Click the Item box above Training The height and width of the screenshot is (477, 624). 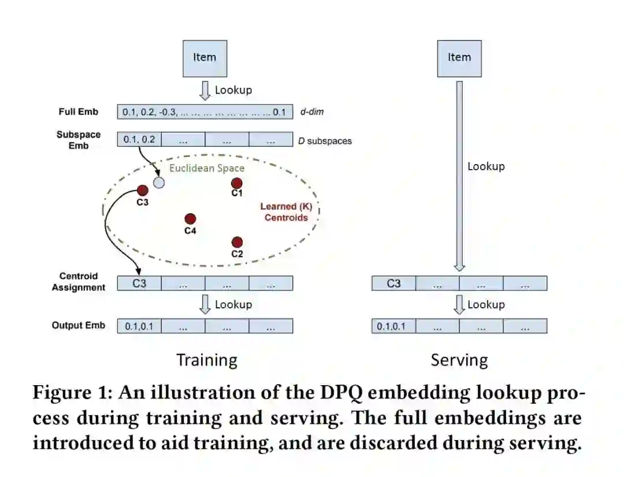(x=205, y=58)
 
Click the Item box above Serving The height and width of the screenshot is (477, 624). (x=459, y=58)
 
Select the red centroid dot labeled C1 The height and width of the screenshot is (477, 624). (x=237, y=183)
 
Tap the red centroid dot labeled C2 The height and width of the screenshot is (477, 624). (x=237, y=242)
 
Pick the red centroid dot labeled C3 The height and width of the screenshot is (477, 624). (x=143, y=191)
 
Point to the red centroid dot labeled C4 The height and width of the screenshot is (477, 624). (x=190, y=219)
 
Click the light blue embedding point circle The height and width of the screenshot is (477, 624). (x=159, y=183)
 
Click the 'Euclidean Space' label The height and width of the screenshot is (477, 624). (x=207, y=168)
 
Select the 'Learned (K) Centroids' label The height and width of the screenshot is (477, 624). (x=286, y=212)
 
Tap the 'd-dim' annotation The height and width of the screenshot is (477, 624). (x=312, y=112)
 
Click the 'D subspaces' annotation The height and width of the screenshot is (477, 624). (x=325, y=140)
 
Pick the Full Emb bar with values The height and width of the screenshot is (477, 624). (x=205, y=112)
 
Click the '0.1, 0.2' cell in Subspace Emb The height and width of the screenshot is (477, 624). (x=139, y=140)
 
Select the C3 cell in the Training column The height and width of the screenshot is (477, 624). (x=139, y=284)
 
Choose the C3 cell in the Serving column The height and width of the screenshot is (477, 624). (x=393, y=284)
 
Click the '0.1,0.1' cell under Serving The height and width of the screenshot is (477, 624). (x=393, y=327)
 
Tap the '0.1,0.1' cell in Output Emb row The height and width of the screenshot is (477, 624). (x=139, y=327)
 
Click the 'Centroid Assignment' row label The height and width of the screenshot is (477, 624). (x=79, y=282)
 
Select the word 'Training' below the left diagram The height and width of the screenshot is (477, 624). (x=207, y=360)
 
